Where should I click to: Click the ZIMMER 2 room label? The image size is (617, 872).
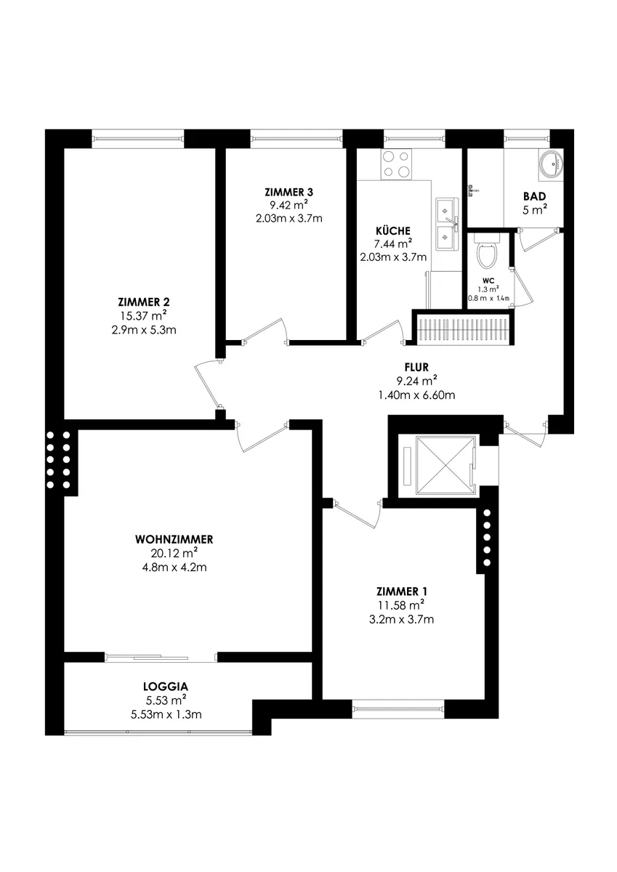144,302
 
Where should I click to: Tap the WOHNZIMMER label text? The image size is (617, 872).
174,539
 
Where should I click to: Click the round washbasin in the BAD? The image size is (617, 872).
551,165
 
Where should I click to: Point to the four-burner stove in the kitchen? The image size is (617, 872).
396,164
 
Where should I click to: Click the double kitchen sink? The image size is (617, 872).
447,225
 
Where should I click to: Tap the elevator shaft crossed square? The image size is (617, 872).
445,465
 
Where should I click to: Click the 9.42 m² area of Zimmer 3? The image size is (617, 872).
289,205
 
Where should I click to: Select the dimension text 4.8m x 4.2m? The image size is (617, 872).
174,568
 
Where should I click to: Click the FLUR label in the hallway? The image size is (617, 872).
416,367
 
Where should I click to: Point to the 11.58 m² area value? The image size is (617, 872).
401,605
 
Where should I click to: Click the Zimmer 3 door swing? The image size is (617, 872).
265,331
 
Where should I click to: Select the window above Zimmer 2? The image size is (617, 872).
138,138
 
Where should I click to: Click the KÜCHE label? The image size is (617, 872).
393,230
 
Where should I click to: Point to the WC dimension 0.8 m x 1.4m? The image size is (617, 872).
489,299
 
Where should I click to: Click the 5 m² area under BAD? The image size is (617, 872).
534,210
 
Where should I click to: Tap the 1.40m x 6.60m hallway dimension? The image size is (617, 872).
416,395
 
